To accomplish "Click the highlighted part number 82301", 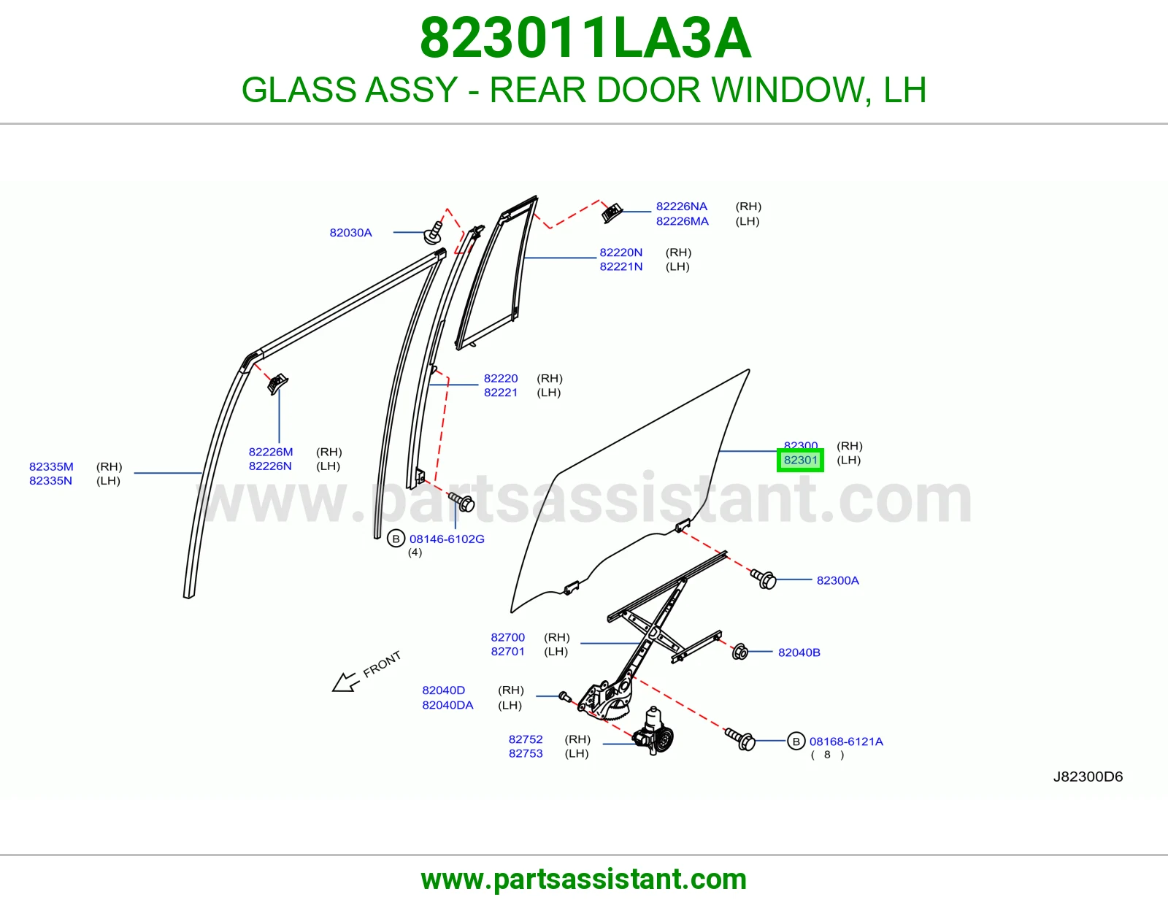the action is (800, 460).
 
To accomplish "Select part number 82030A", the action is (350, 233).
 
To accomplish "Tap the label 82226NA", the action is (682, 207).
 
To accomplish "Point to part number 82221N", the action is (620, 266).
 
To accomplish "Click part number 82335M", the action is (51, 466).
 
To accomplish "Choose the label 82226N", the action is (270, 466).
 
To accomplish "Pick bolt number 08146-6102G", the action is (447, 539).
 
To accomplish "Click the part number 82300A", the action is (837, 580).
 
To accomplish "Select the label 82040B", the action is (799, 652).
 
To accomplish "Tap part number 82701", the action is (507, 651).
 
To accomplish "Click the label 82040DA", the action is (447, 705).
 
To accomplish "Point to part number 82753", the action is (526, 753).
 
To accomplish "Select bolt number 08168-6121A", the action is (846, 742).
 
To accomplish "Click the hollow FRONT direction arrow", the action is (345, 682).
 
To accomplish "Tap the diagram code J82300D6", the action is (1088, 777).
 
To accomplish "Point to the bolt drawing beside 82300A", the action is (764, 578).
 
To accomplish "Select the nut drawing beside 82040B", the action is (739, 651).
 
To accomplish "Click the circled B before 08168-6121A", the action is (796, 741).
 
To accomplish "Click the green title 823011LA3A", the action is (585, 38).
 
